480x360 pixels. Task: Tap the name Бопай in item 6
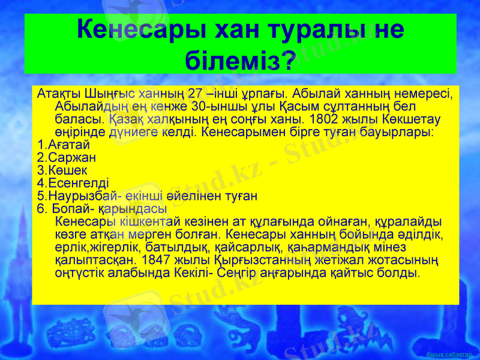(x=73, y=208)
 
